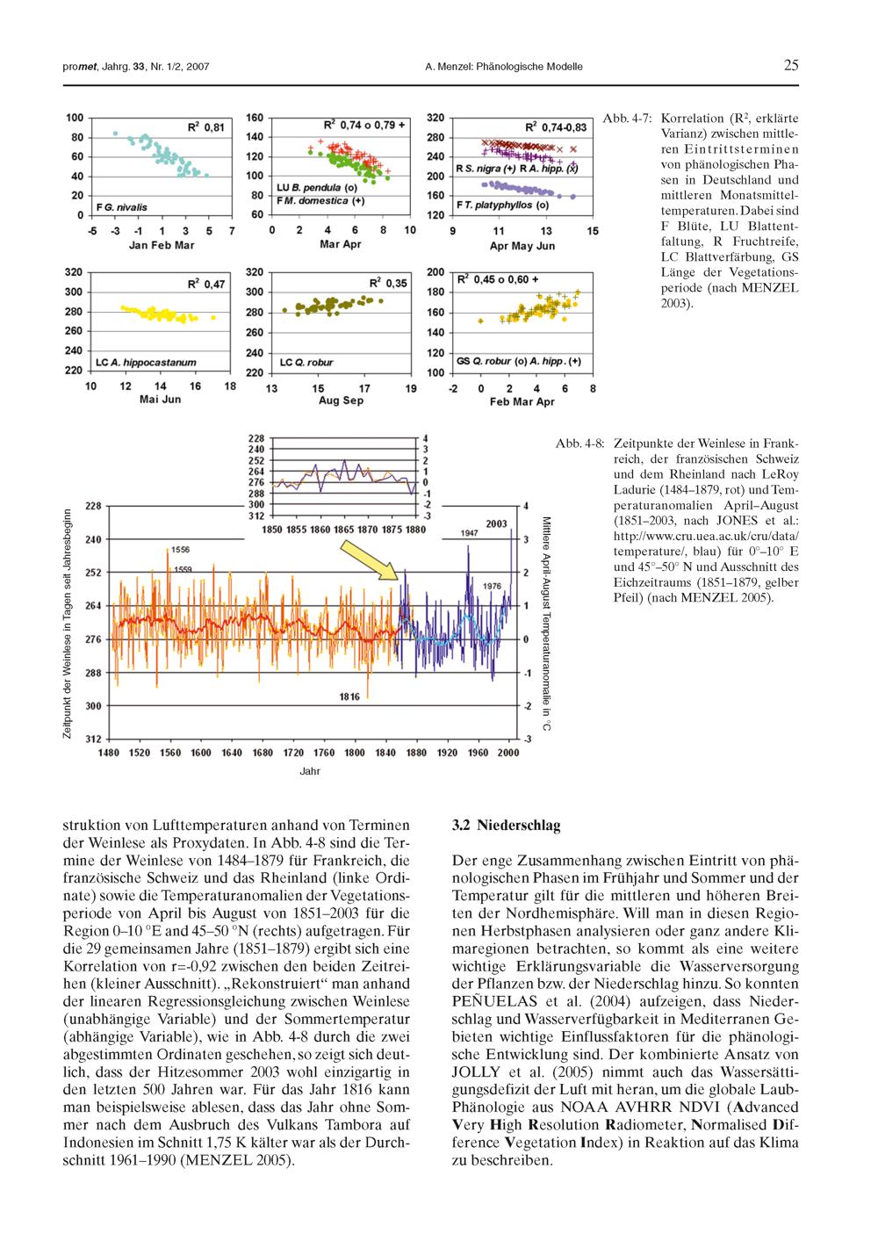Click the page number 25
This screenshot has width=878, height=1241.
[x=791, y=66]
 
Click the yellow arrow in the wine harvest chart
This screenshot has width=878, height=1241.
[x=372, y=560]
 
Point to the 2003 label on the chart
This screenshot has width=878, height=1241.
[x=496, y=523]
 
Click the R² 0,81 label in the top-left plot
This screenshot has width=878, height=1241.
[x=207, y=127]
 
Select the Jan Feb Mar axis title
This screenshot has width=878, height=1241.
[x=162, y=245]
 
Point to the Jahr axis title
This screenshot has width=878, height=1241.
[x=310, y=772]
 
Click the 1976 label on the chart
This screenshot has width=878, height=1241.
[x=492, y=586]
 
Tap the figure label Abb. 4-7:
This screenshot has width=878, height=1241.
[x=626, y=118]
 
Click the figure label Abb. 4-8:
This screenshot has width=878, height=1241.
[x=579, y=444]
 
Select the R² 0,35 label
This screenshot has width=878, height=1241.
[x=387, y=283]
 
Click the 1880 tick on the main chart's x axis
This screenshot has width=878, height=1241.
[x=416, y=753]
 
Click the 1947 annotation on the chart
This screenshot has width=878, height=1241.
[x=469, y=533]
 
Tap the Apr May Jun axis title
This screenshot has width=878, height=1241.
[x=522, y=245]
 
